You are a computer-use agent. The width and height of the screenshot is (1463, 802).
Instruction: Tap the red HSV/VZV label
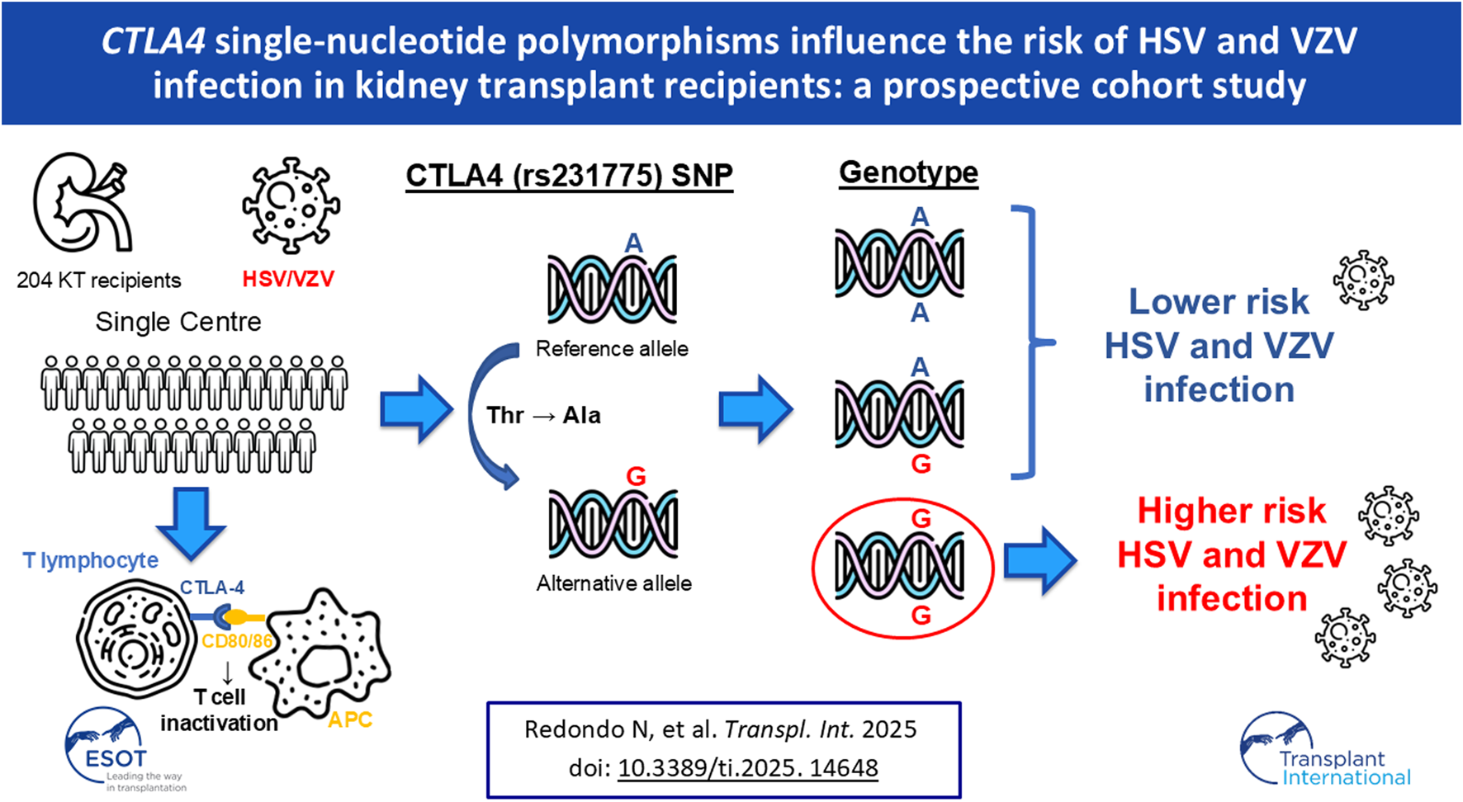(x=288, y=279)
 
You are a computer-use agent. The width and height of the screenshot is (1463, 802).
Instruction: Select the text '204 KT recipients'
(x=99, y=281)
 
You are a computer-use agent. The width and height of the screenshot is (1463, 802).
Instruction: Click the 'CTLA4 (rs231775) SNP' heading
(x=569, y=176)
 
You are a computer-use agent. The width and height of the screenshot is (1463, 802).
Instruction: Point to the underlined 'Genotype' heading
(x=908, y=172)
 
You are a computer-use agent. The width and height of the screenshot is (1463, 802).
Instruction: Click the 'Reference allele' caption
(x=612, y=348)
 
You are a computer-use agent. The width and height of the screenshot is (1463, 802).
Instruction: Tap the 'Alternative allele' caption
(x=614, y=583)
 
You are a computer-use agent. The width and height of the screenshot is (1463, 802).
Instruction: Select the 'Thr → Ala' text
(x=543, y=415)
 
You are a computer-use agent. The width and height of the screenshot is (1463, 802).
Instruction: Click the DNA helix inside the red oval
(x=899, y=566)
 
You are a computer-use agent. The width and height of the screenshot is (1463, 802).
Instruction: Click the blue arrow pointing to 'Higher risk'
(x=1040, y=561)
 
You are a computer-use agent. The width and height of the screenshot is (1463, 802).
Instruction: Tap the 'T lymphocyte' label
(x=91, y=561)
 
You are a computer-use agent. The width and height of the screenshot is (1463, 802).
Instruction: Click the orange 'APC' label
(x=350, y=719)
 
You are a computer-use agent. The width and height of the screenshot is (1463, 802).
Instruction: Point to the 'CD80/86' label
(x=237, y=641)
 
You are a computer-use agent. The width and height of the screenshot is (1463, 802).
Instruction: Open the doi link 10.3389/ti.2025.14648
(x=748, y=768)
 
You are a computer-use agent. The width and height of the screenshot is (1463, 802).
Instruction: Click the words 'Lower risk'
(x=1219, y=301)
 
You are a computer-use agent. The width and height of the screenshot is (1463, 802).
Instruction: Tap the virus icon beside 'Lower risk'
(x=1364, y=280)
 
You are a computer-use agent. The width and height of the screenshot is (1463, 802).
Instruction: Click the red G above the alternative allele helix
(x=636, y=476)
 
